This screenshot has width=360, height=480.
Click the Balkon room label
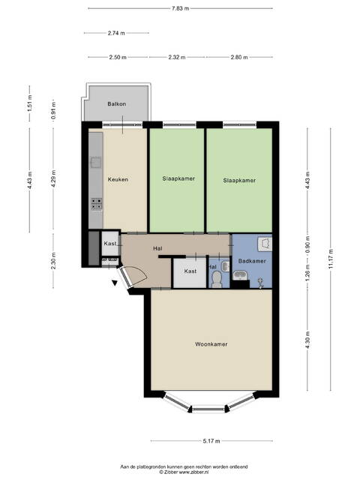[x=117, y=104]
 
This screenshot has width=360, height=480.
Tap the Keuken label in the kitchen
[x=118, y=179]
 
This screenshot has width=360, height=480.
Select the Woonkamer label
[x=211, y=344]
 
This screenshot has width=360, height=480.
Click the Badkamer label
[x=252, y=261]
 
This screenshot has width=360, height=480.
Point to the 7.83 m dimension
[x=180, y=8]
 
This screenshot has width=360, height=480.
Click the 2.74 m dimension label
[x=116, y=33]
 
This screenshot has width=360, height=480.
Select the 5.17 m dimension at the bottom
[x=211, y=441]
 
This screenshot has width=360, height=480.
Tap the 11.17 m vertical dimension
[x=331, y=259]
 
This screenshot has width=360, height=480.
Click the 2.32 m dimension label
[x=177, y=57]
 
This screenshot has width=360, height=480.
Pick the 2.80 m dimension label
[x=239, y=57]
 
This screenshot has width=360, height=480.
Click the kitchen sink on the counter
[x=96, y=162]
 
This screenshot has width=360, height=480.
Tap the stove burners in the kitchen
[x=97, y=204]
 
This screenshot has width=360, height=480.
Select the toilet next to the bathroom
[x=217, y=279]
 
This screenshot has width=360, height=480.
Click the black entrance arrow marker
[x=115, y=283]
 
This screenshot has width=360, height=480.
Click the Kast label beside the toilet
[x=190, y=271]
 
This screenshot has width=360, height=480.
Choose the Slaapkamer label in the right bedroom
[x=239, y=181]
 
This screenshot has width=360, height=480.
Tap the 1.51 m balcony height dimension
[x=30, y=103]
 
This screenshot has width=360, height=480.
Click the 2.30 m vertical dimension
[x=53, y=261]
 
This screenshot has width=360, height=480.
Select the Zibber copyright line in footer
[x=184, y=472]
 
